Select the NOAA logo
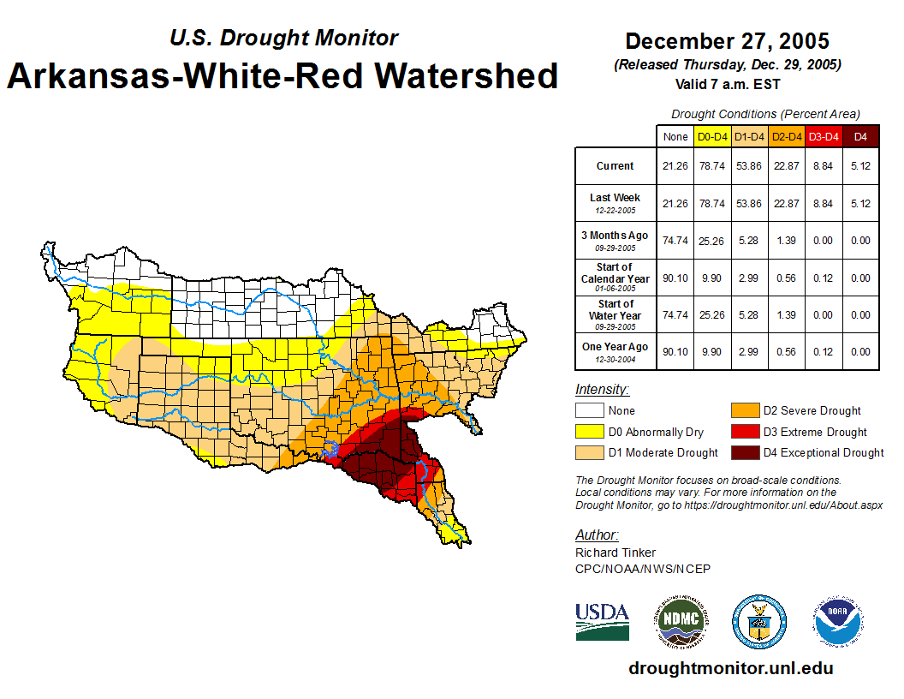pyautogui.click(x=838, y=621)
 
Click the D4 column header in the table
pyautogui.click(x=860, y=136)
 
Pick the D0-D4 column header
pyautogui.click(x=711, y=136)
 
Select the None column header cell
pyautogui.click(x=675, y=136)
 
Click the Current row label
pyautogui.click(x=616, y=166)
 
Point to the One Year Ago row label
pyautogui.click(x=616, y=347)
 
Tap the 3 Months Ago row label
pyautogui.click(x=616, y=236)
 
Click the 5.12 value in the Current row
pyautogui.click(x=860, y=166)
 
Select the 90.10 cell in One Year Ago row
pyautogui.click(x=675, y=351)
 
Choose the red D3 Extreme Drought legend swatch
pyautogui.click(x=745, y=432)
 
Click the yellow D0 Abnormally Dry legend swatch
pyautogui.click(x=589, y=432)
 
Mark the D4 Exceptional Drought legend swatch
pyautogui.click(x=745, y=452)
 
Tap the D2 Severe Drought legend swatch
pyautogui.click(x=745, y=411)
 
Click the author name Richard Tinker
pyautogui.click(x=616, y=553)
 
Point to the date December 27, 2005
pyautogui.click(x=727, y=41)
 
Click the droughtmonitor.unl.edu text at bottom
pyautogui.click(x=730, y=668)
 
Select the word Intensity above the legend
pyautogui.click(x=602, y=390)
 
